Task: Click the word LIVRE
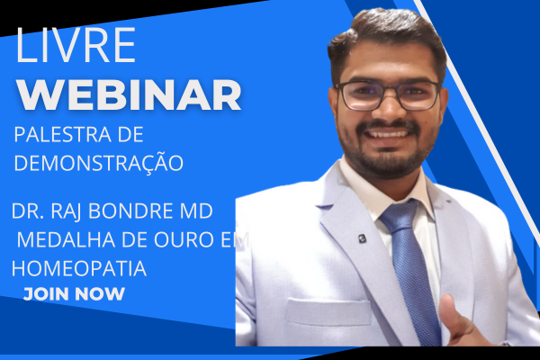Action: coord(76,45)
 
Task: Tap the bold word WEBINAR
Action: coord(130,94)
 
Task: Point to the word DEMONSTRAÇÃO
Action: coord(98,163)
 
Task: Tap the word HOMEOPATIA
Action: coord(78,268)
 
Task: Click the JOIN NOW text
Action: coord(74,294)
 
